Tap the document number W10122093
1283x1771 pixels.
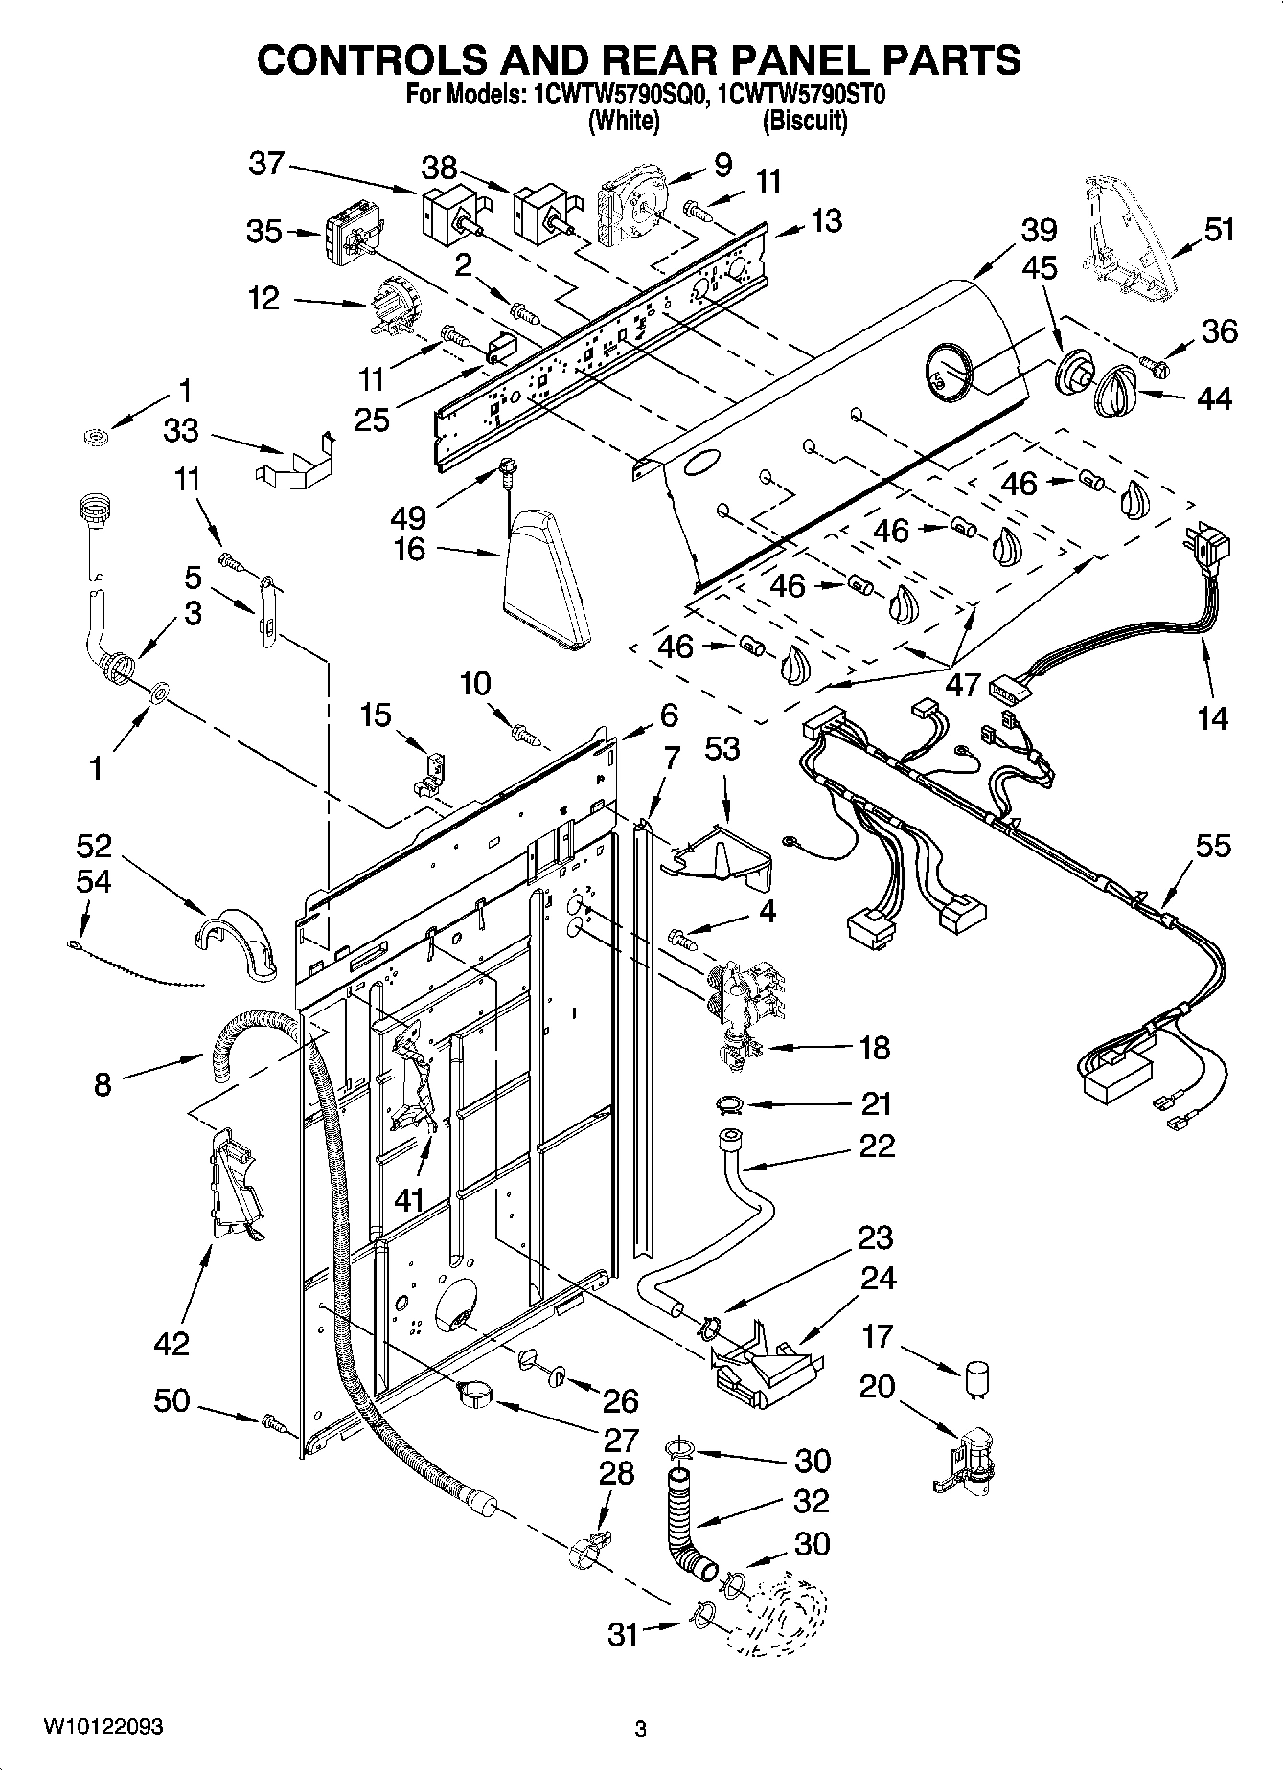[x=103, y=1727]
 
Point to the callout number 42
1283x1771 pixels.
[x=172, y=1344]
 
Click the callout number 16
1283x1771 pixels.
[x=409, y=550]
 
